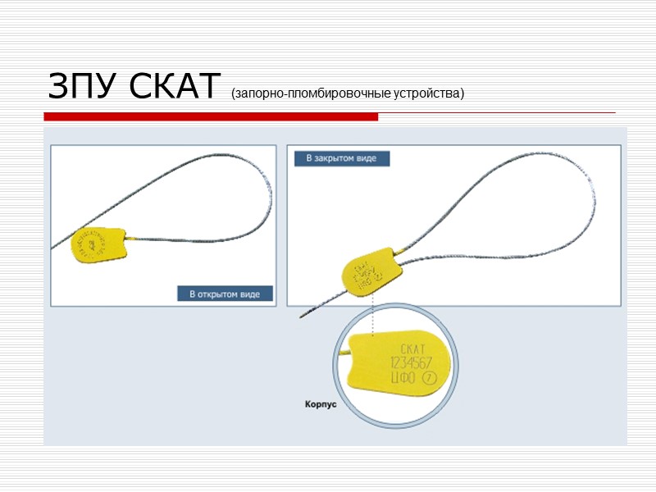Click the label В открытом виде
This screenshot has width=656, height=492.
coord(225,294)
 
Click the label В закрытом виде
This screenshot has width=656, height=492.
coord(341,158)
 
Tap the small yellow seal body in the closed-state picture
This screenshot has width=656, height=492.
coord(368,274)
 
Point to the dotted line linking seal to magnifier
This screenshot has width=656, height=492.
coord(373,315)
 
